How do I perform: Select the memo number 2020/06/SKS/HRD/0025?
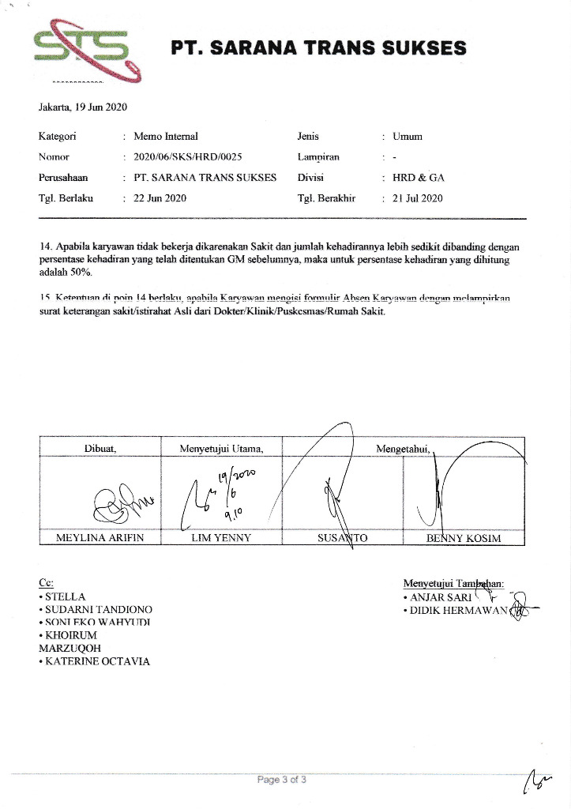(188, 156)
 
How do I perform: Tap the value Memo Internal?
(166, 137)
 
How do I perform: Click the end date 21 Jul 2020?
(417, 198)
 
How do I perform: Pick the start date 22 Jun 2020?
(160, 198)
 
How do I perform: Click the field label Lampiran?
(317, 157)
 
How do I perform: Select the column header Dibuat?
(100, 449)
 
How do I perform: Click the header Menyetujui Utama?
(221, 449)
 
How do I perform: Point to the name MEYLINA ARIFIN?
(100, 538)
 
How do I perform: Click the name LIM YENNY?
(221, 538)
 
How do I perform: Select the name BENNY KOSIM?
(464, 538)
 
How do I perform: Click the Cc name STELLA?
(65, 596)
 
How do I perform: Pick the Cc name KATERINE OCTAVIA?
(97, 661)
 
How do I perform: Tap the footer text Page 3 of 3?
(282, 781)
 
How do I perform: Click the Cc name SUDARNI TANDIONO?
(98, 610)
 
